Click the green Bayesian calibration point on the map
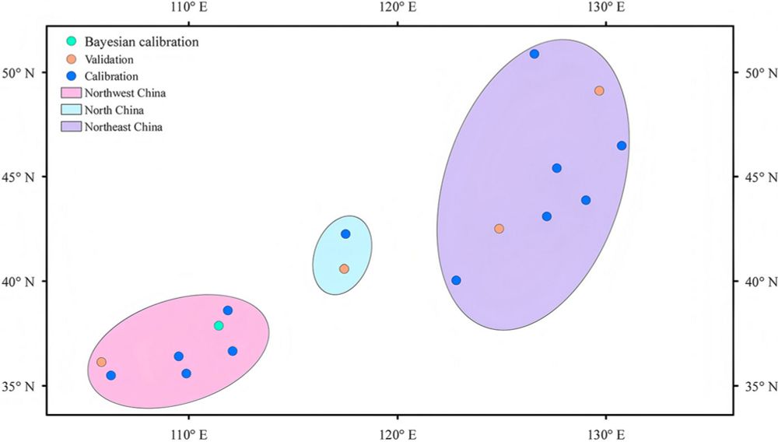click(x=219, y=325)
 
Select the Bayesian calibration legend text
click(x=142, y=41)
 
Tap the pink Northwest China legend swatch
click(x=71, y=93)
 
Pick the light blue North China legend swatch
click(x=71, y=110)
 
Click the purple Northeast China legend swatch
click(x=71, y=127)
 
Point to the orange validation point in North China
click(x=344, y=268)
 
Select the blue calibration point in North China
click(x=345, y=234)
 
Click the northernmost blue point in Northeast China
click(x=534, y=54)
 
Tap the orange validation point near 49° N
click(x=599, y=90)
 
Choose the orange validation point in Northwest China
click(x=101, y=362)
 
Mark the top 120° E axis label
click(x=397, y=9)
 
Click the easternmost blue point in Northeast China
click(x=622, y=146)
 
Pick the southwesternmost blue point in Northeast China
click(x=456, y=280)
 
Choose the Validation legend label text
click(x=109, y=59)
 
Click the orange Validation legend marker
click(x=71, y=59)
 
